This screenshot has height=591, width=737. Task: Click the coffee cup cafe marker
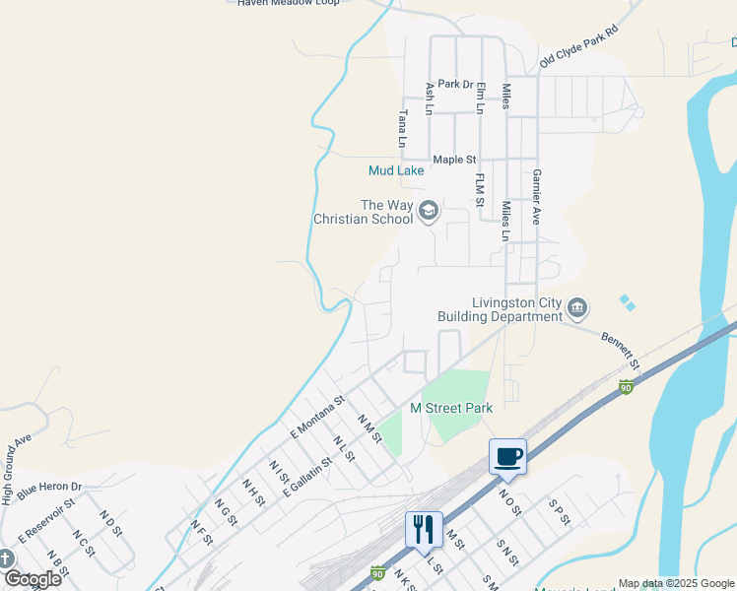pyautogui.click(x=508, y=456)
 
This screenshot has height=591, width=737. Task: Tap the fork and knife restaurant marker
pyautogui.click(x=424, y=529)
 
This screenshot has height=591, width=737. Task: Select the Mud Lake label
pyautogui.click(x=396, y=170)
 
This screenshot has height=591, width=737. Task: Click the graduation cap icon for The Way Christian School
pyautogui.click(x=429, y=210)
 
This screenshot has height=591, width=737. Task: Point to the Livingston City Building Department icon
pyautogui.click(x=578, y=309)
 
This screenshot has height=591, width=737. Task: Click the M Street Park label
pyautogui.click(x=451, y=408)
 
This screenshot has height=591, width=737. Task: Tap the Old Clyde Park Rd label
pyautogui.click(x=578, y=47)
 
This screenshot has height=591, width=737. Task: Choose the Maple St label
pyautogui.click(x=454, y=160)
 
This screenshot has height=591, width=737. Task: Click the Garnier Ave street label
pyautogui.click(x=538, y=196)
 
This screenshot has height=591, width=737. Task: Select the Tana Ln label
pyautogui.click(x=402, y=128)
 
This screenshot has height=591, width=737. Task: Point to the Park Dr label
pyautogui.click(x=456, y=85)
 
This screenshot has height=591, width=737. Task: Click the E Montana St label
pyautogui.click(x=315, y=418)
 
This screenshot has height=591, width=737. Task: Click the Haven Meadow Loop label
pyautogui.click(x=289, y=3)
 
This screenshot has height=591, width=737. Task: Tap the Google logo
pyautogui.click(x=33, y=579)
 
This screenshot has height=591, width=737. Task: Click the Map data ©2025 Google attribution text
pyautogui.click(x=676, y=583)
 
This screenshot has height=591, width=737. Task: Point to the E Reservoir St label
pyautogui.click(x=46, y=519)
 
